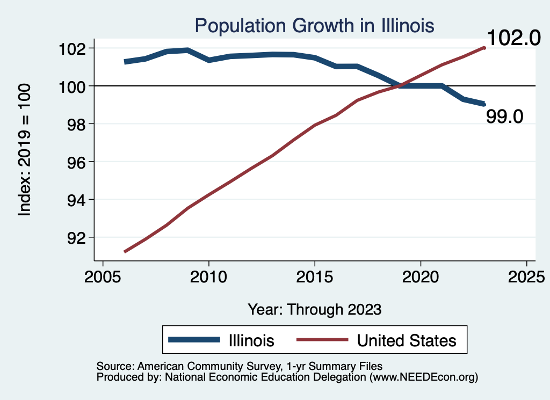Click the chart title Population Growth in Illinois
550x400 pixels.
314,25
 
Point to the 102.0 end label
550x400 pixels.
514,39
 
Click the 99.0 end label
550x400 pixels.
504,117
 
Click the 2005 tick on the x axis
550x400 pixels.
103,278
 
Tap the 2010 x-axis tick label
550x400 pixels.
208,278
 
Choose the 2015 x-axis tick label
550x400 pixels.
314,278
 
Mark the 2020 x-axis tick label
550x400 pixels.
420,278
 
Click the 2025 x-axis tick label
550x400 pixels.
526,278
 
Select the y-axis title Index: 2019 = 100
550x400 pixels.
25,150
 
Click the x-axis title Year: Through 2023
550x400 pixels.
315,309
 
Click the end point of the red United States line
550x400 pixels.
484,48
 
